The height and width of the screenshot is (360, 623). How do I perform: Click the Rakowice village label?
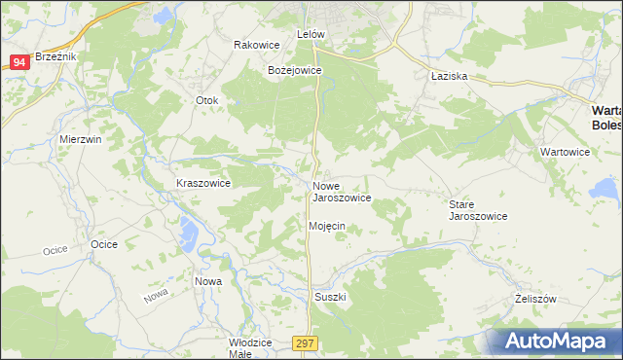[x=257, y=45]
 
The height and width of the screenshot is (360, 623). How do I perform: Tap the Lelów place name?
[x=310, y=33]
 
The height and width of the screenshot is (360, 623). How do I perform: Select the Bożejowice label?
[x=294, y=70]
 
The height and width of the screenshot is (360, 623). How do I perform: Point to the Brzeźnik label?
[x=55, y=56]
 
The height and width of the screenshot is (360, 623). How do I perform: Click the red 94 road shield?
[x=19, y=62]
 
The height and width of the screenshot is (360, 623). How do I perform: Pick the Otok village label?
[x=207, y=100]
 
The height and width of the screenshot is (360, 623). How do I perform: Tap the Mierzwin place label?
[x=80, y=139]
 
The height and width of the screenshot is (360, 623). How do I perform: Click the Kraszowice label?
[x=202, y=183]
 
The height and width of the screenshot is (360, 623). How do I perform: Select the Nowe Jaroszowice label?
[x=341, y=192]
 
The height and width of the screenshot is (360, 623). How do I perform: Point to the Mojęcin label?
[x=327, y=226]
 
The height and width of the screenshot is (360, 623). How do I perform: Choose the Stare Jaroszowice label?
[x=477, y=210]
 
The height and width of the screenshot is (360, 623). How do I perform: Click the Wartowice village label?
[x=567, y=153]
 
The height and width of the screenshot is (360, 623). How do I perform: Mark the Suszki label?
[x=331, y=296]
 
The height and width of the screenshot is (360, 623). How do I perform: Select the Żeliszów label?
[x=534, y=300]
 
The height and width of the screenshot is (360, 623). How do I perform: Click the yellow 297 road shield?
[x=306, y=344]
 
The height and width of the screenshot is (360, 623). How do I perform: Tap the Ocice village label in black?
[x=103, y=243]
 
